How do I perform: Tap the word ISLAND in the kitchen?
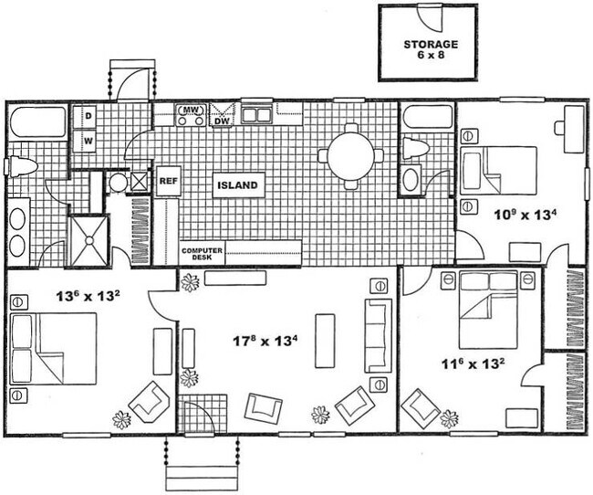pyautogui.click(x=239, y=186)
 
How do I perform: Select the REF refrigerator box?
pyautogui.click(x=168, y=181)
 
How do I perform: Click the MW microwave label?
pyautogui.click(x=191, y=111)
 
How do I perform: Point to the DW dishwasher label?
pyautogui.click(x=222, y=120)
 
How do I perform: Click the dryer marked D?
pyautogui.click(x=89, y=117)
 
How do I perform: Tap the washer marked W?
pyautogui.click(x=89, y=142)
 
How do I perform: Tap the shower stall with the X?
pyautogui.click(x=88, y=239)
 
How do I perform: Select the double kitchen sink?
pyautogui.click(x=256, y=115)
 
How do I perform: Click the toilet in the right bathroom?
pyautogui.click(x=416, y=148)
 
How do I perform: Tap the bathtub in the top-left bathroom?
pyautogui.click(x=37, y=121)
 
